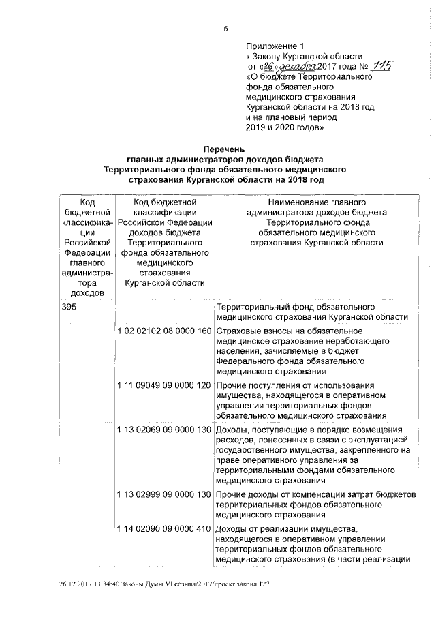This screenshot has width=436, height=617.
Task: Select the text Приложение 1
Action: coord(270,46)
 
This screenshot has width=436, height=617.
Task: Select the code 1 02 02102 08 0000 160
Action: coord(164,331)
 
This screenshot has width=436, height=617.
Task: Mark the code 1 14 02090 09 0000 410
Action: coord(164,529)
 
